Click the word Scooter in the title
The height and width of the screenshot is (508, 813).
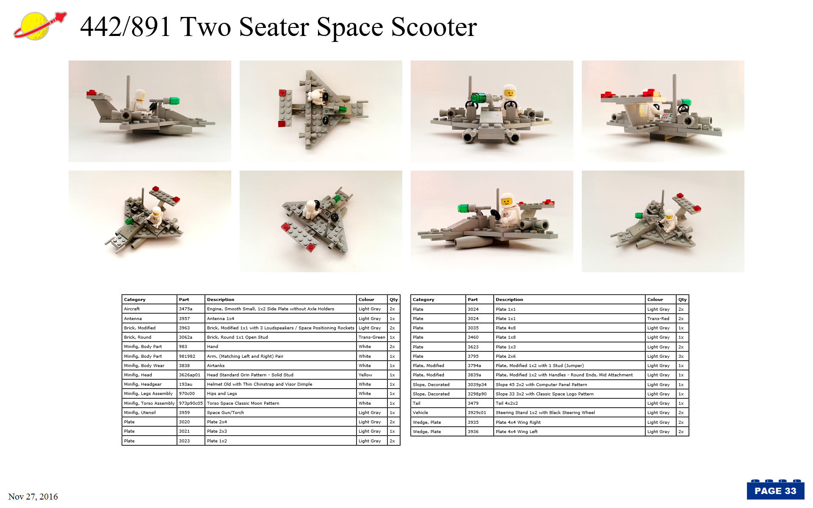(x=434, y=27)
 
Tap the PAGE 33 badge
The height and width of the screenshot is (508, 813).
(x=775, y=490)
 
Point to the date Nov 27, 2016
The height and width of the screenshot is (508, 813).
(x=33, y=497)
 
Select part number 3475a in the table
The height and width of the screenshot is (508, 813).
(x=185, y=309)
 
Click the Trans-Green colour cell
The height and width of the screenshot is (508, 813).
(x=372, y=337)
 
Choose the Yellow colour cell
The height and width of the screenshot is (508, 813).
(x=365, y=375)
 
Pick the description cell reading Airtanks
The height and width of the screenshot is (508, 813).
(x=216, y=366)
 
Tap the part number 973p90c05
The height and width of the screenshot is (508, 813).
(x=191, y=403)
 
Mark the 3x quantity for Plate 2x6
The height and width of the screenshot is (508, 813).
(x=681, y=356)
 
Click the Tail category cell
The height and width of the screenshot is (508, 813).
(x=417, y=403)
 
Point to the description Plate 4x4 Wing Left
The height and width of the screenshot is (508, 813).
(x=517, y=432)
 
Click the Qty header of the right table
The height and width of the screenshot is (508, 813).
(x=682, y=300)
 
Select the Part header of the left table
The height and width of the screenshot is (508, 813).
(x=184, y=300)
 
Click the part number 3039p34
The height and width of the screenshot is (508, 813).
(x=477, y=385)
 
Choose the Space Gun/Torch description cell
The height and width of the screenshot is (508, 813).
(x=225, y=413)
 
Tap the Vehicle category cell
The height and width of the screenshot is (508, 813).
(x=420, y=413)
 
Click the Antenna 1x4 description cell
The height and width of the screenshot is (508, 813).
(x=221, y=319)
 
